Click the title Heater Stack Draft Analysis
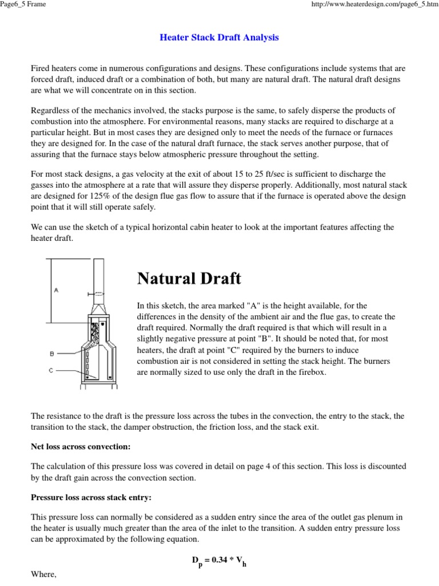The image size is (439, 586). click(219, 38)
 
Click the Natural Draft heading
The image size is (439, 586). click(189, 279)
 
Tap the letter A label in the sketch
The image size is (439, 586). click(56, 290)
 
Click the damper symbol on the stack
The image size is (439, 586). click(97, 294)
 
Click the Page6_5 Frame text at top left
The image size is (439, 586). click(23, 5)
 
